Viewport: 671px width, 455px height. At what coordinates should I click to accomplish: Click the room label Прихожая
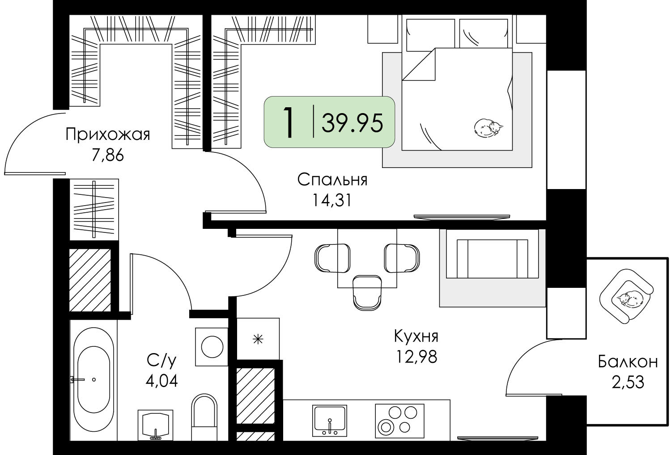coord(107,135)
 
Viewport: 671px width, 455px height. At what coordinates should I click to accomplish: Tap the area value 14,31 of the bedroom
coord(331,200)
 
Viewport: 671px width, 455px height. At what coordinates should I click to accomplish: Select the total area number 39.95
coord(352,123)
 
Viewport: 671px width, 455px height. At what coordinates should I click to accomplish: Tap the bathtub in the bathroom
coord(93,379)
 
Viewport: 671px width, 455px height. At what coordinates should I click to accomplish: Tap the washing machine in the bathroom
coord(212,347)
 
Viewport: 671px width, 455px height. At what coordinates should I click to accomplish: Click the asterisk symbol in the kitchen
coord(258,339)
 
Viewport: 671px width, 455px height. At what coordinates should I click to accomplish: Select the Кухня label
coord(416,336)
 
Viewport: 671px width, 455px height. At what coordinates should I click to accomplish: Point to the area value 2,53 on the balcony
coord(628,383)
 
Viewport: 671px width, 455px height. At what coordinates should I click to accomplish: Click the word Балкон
coord(628,362)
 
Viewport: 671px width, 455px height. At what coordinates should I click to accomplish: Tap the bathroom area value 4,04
coord(162,381)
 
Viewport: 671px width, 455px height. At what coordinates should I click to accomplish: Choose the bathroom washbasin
coord(156,425)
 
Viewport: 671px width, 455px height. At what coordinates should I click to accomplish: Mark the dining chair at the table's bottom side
coord(367,292)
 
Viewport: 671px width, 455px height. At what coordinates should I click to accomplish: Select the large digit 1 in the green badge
coord(289,123)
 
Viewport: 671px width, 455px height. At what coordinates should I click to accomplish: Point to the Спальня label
coord(332,180)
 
